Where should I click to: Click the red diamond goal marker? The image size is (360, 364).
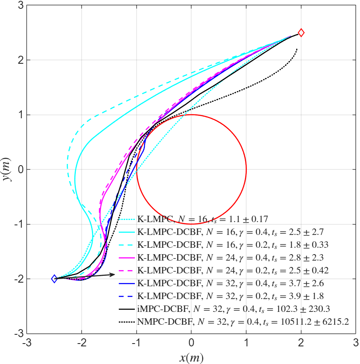[301, 33]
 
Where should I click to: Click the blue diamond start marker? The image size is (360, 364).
[54, 279]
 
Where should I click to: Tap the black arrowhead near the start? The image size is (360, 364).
[113, 274]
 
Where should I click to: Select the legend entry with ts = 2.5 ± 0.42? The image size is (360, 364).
[233, 271]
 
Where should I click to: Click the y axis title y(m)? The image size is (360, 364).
[7, 170]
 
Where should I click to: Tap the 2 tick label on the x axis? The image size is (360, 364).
[301, 343]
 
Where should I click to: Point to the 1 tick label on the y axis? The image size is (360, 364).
[21, 115]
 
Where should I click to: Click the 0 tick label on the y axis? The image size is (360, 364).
[21, 170]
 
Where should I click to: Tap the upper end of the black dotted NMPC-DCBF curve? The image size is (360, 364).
[297, 49]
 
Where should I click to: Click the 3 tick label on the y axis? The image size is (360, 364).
[21, 6]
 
